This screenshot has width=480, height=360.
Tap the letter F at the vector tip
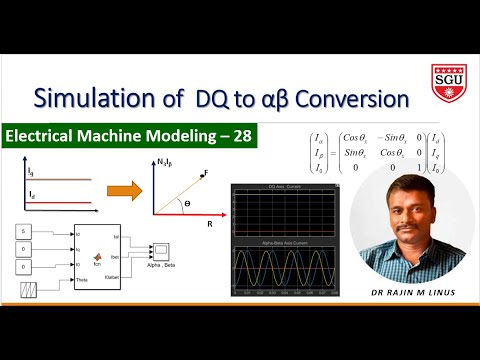tap(204, 173)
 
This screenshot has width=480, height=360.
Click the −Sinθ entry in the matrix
tap(383, 150)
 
